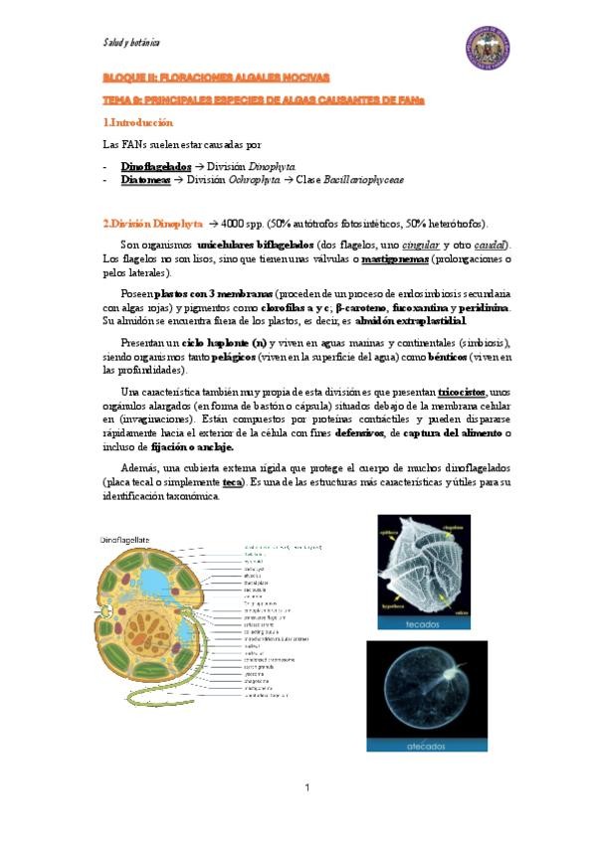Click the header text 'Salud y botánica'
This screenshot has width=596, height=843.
coord(131,43)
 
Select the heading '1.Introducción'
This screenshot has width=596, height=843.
coord(138,122)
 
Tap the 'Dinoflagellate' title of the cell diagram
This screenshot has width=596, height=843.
coord(123,538)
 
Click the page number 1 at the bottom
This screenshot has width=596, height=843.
coord(307,788)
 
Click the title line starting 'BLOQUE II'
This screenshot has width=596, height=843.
coord(216,77)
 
